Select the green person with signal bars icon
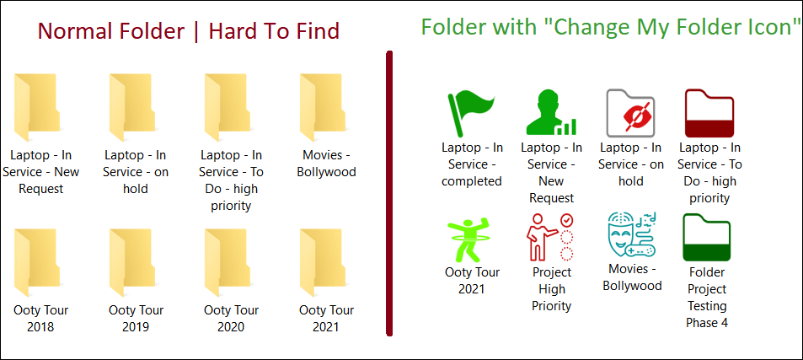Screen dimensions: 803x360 pos(551,113)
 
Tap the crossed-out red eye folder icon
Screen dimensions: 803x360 pos(630,113)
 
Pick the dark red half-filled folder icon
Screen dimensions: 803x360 pos(709,113)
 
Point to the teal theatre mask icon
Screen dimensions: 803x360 pos(630,234)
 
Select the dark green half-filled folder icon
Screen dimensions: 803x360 pos(707,238)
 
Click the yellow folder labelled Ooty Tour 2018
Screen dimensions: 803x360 pos(37,263)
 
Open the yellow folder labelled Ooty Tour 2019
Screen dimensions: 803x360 pos(132,263)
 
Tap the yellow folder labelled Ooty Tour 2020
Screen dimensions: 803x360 pos(228,263)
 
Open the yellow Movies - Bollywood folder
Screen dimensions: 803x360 pos(323,108)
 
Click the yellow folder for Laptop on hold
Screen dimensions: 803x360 pos(132,108)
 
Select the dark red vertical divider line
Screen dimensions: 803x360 pos(389,193)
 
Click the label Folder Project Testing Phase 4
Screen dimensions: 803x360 pos(707,297)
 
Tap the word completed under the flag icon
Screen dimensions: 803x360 pos(472,181)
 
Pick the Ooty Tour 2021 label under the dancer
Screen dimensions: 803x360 pos(471,280)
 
